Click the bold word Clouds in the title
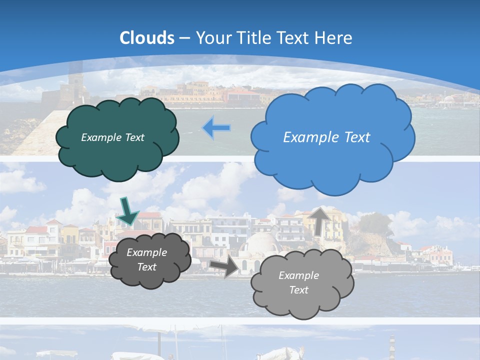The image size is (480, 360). (147, 38)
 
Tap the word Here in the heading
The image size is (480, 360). (334, 38)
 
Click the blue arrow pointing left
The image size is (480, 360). (217, 128)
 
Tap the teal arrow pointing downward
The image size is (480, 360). (128, 211)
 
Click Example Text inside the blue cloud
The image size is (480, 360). (326, 137)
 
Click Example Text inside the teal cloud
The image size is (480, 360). (112, 137)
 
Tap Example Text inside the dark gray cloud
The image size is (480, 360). (147, 259)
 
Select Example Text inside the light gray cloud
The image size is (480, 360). (299, 282)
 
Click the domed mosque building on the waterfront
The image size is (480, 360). (260, 245)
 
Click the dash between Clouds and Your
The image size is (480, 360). (184, 38)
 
